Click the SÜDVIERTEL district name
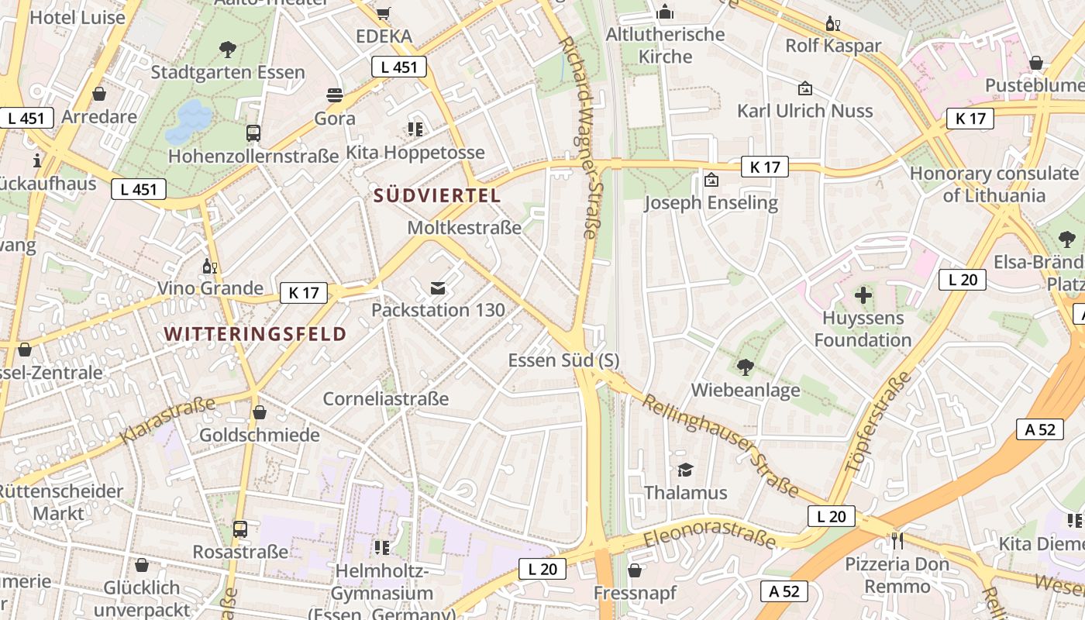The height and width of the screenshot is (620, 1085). tap(437, 196)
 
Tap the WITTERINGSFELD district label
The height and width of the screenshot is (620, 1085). tap(255, 334)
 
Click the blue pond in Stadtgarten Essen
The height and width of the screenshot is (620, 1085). tap(189, 121)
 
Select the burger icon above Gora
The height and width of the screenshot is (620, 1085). tap(335, 95)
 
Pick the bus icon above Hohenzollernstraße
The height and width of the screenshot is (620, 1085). tap(253, 133)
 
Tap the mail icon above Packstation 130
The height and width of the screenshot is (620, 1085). tap(438, 288)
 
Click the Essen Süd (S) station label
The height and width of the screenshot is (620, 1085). tap(563, 360)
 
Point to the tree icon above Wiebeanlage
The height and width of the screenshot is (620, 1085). tap(745, 367)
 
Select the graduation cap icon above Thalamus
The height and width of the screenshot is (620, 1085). tap(685, 470)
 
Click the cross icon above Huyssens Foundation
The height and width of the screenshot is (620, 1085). tap(863, 295)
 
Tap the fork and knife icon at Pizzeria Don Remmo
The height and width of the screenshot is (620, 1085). tap(897, 540)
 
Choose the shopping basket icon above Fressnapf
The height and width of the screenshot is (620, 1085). tap(635, 571)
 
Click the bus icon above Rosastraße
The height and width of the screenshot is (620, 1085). tap(240, 529)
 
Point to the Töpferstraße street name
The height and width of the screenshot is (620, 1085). tap(880, 422)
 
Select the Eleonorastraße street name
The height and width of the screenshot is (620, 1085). tap(709, 537)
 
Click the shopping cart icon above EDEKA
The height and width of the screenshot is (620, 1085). tap(384, 13)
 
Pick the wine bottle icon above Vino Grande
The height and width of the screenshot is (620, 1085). tap(209, 266)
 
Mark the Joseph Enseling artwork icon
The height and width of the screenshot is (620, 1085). tap(711, 181)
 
